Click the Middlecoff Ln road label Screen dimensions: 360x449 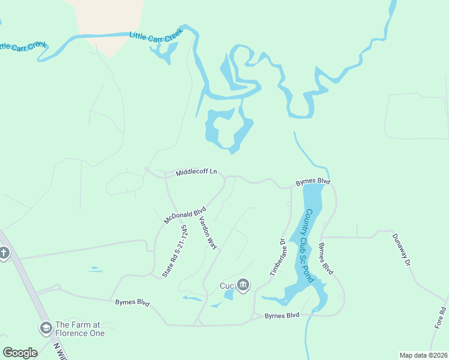[x=196, y=172]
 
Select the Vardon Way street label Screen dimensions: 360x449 [x=208, y=232]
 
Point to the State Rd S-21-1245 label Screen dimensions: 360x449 [x=175, y=251]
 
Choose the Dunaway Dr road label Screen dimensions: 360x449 [x=403, y=251]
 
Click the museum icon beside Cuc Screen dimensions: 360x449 [x=243, y=285]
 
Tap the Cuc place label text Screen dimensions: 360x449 [x=227, y=285]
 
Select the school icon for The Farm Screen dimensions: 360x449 [x=46, y=328]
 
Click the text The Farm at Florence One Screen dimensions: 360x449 [x=80, y=329]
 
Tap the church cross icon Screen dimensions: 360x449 [x=5, y=253]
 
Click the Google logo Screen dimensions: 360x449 [x=20, y=353]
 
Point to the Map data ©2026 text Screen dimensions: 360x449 [x=423, y=355]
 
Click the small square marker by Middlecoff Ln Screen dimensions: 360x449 [x=147, y=169]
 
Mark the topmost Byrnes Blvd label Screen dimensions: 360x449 [x=313, y=181]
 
